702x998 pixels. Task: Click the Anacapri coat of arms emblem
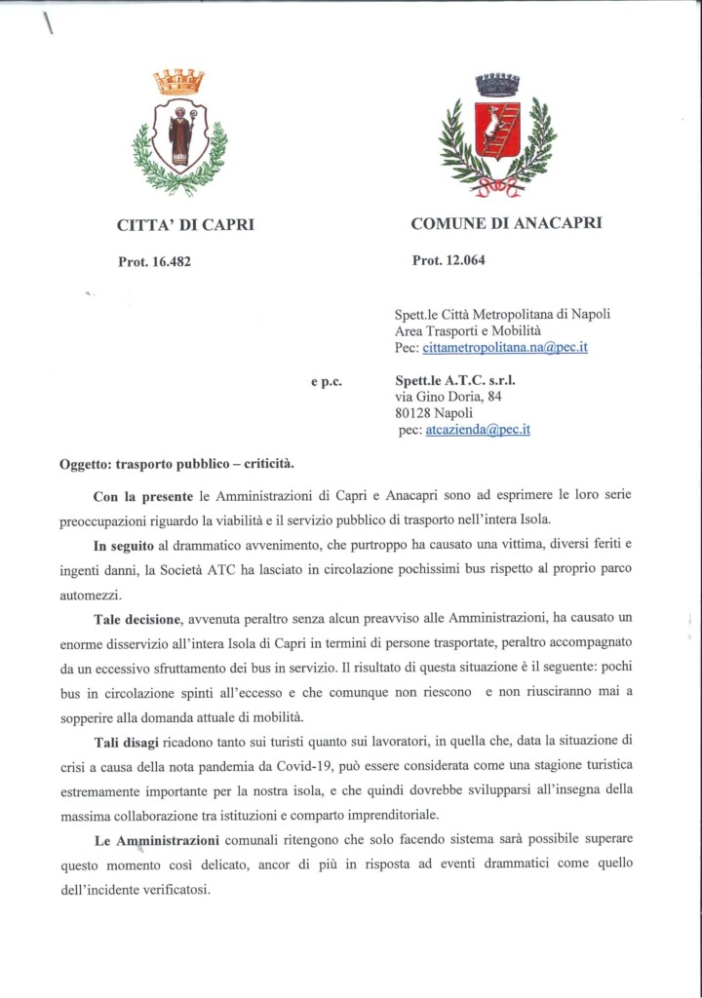(x=498, y=135)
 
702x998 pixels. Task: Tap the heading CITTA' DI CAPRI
(x=185, y=225)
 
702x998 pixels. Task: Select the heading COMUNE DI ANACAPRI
(x=506, y=223)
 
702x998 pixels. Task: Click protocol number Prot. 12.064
(x=449, y=260)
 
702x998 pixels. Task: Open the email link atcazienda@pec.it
(x=478, y=430)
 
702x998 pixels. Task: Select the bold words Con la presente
(x=138, y=498)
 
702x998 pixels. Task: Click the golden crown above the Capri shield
(x=179, y=81)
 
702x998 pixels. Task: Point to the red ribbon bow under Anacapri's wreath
(x=498, y=184)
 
